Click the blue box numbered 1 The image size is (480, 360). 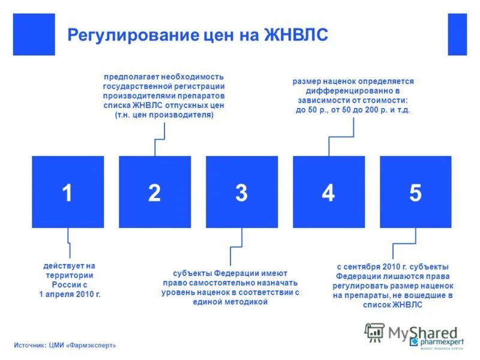point(68,192)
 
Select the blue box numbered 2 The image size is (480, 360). point(155,192)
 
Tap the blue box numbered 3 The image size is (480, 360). point(242,192)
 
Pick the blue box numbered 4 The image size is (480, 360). point(329,192)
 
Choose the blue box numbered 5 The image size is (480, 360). point(416,192)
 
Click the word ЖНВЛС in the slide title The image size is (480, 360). point(296,34)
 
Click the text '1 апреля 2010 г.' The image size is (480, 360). point(70,295)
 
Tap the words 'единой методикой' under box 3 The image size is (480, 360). point(230,302)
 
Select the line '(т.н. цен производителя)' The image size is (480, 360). point(164,115)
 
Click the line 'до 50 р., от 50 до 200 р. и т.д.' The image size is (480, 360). point(353,110)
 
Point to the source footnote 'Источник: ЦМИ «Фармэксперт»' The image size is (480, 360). point(65,345)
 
